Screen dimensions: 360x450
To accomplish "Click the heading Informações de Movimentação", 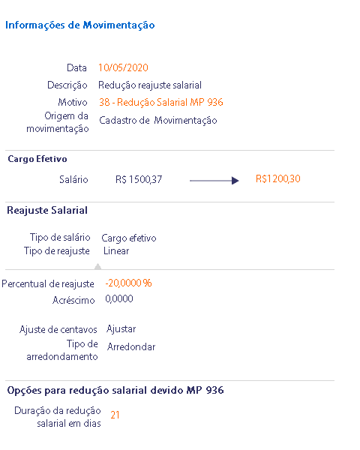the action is (x=79, y=25).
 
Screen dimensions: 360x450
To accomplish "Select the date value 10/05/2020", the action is (x=123, y=67).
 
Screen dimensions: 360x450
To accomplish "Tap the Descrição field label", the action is (x=67, y=85).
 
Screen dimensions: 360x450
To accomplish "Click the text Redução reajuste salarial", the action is (x=150, y=85).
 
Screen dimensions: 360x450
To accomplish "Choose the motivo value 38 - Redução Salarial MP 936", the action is (x=161, y=102).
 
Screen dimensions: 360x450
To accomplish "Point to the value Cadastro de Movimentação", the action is (x=158, y=120).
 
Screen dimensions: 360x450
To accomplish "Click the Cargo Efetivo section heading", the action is (x=37, y=159).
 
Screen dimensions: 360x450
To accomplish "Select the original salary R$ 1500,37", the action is (x=139, y=180).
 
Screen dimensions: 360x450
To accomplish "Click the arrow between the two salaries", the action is (x=214, y=181).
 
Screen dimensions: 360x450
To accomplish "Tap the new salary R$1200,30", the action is (x=278, y=178).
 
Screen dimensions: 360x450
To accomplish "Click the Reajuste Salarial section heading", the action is (x=47, y=210).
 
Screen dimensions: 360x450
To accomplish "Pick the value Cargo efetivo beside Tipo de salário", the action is (x=128, y=238).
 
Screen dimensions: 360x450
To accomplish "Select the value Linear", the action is (x=116, y=250).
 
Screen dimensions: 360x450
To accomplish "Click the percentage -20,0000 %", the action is (x=128, y=283).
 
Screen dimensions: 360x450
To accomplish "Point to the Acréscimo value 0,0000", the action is (x=119, y=299).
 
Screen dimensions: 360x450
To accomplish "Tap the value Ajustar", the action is (x=121, y=329).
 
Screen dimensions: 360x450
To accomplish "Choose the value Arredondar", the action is (x=131, y=347).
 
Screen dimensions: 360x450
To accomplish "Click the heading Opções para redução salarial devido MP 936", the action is (x=115, y=390).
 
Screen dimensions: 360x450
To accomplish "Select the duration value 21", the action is (x=115, y=415).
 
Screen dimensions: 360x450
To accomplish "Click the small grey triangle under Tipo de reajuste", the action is (x=98, y=266).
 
